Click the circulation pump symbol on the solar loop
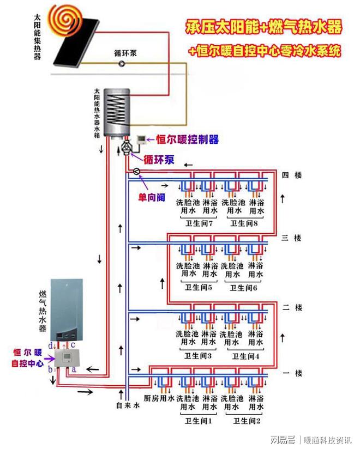click(122, 63)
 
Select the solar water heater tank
click(117, 114)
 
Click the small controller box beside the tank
click(141, 139)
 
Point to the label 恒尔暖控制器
click(187, 139)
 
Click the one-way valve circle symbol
click(137, 172)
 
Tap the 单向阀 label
click(152, 197)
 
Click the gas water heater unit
click(67, 310)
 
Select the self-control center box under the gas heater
click(67, 358)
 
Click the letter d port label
click(50, 345)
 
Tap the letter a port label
click(74, 369)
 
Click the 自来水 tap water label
click(128, 405)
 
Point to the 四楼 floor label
click(292, 175)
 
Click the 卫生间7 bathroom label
click(199, 223)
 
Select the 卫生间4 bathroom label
click(245, 356)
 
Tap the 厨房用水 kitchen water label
click(159, 398)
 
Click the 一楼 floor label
click(292, 373)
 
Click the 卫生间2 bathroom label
click(247, 421)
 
